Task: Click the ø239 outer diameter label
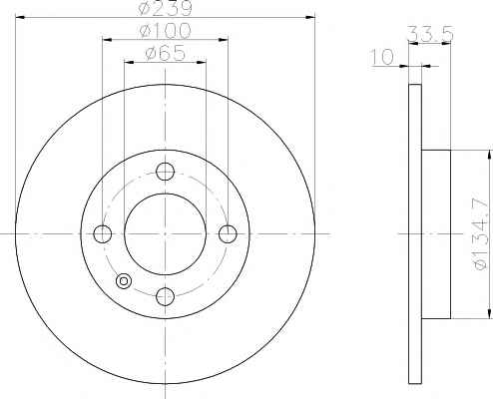(x=165, y=9)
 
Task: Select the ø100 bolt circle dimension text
(x=165, y=31)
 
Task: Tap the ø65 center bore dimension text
(x=165, y=53)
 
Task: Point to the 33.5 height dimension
(x=430, y=34)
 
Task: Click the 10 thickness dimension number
(x=382, y=57)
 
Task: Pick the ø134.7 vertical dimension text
(x=480, y=233)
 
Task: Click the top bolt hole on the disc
(x=165, y=172)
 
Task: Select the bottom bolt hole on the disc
(x=165, y=296)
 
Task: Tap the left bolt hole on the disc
(x=103, y=233)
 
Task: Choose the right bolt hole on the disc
(x=228, y=233)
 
